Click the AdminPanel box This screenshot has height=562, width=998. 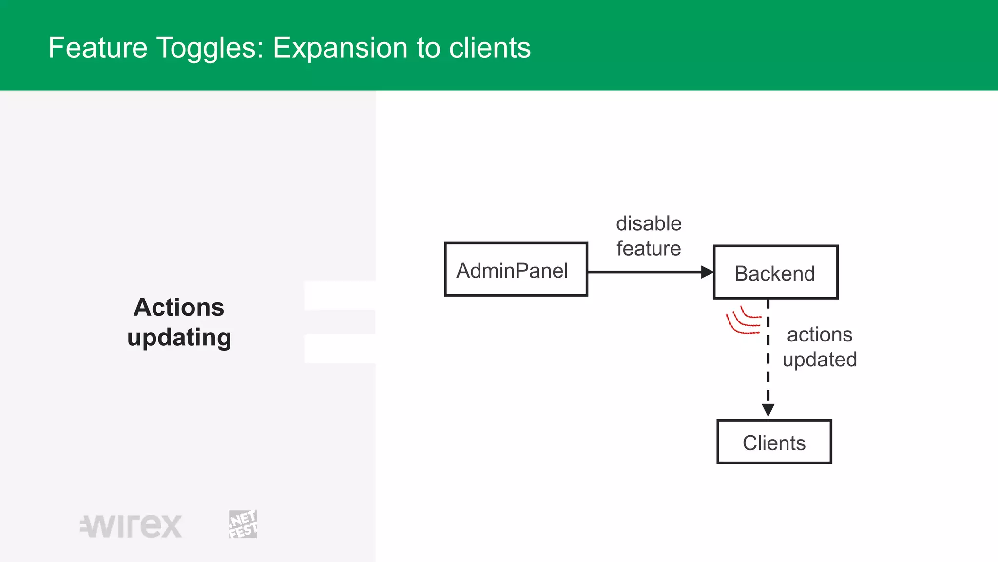tap(516, 269)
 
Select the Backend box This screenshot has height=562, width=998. tap(775, 272)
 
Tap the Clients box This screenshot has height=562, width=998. tap(774, 442)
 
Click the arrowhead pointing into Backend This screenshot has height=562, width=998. tap(707, 272)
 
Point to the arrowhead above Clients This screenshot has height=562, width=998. tap(768, 410)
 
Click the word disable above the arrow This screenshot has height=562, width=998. tap(649, 224)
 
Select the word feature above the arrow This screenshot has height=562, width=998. tap(649, 249)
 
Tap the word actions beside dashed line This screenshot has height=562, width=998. tap(820, 335)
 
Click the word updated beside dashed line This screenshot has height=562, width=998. tap(820, 360)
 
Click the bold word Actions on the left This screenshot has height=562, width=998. tap(179, 307)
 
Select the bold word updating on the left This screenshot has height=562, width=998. tap(179, 338)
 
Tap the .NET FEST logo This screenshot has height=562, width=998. tap(243, 524)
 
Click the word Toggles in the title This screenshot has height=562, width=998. tap(210, 48)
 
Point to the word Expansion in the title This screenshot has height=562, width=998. tap(340, 48)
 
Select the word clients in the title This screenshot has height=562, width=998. tap(490, 48)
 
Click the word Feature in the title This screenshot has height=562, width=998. tap(98, 48)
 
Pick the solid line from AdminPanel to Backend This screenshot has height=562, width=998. tap(643, 272)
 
